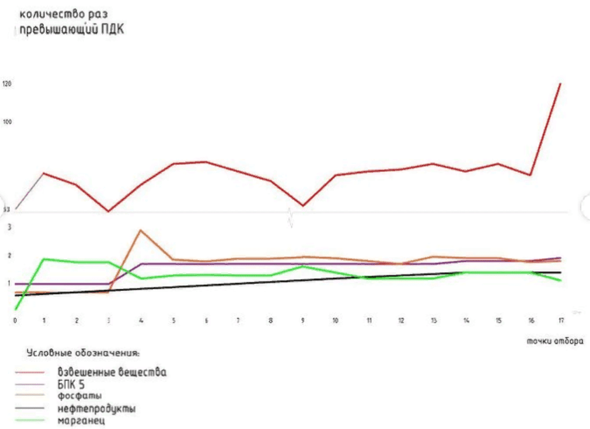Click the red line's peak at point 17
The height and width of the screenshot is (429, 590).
click(559, 84)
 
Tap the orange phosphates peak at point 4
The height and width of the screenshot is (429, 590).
click(141, 231)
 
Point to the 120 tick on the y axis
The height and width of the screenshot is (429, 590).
click(7, 84)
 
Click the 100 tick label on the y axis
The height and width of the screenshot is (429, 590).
click(7, 122)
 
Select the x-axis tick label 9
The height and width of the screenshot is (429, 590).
click(302, 320)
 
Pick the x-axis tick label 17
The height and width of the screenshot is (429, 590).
click(561, 320)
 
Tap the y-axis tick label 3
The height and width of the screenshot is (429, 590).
click(9, 227)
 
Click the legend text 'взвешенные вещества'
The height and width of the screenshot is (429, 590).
click(112, 372)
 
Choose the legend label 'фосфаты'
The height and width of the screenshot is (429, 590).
click(80, 397)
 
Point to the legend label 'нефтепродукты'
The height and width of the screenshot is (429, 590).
click(96, 409)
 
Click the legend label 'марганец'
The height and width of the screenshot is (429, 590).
click(81, 421)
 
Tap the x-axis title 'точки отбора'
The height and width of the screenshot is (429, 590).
click(554, 341)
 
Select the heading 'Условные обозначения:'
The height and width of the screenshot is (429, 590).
click(82, 352)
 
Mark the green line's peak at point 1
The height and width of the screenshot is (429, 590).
click(44, 259)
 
